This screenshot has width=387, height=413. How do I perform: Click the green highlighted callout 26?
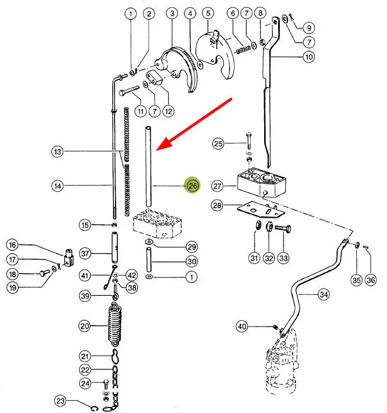(x=193, y=186)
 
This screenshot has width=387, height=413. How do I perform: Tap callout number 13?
(x=58, y=151)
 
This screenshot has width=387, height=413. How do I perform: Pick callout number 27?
(x=218, y=186)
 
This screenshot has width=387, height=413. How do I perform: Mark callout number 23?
(x=61, y=400)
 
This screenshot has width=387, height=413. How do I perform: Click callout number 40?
(x=241, y=326)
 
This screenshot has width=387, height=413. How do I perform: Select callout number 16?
(x=12, y=245)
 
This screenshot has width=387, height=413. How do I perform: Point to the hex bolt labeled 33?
(x=281, y=230)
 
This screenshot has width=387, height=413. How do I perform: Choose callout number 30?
(x=192, y=262)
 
